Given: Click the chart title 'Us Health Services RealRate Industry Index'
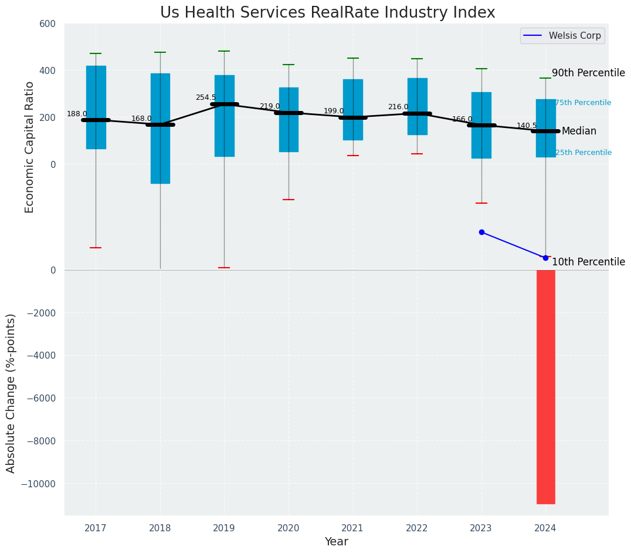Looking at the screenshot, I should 327,13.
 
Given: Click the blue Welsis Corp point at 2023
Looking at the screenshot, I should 481,232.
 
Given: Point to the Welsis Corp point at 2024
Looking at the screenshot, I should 545,258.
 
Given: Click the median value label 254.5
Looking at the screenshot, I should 206,97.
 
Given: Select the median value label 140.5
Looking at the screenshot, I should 527,126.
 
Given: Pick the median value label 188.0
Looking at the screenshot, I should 77,114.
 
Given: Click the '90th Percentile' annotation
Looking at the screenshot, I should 588,73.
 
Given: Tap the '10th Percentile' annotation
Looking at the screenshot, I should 588,262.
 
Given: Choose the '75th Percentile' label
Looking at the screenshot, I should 583,103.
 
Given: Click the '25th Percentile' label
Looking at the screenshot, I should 583,153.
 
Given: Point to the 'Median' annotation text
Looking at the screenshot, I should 579,131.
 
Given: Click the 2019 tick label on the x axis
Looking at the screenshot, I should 224,528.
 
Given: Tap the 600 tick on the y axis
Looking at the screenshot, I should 48,23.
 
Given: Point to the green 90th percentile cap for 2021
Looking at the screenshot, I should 353,58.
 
